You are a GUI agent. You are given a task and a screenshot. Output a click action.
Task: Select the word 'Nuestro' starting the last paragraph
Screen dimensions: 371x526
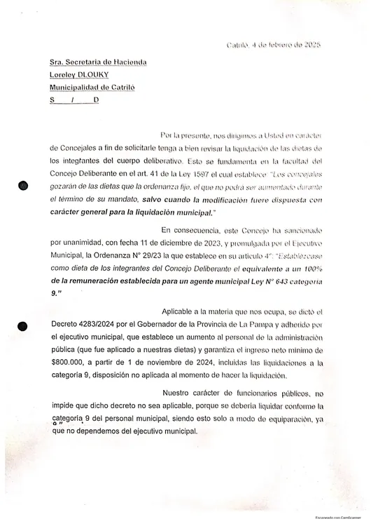[178, 392]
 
